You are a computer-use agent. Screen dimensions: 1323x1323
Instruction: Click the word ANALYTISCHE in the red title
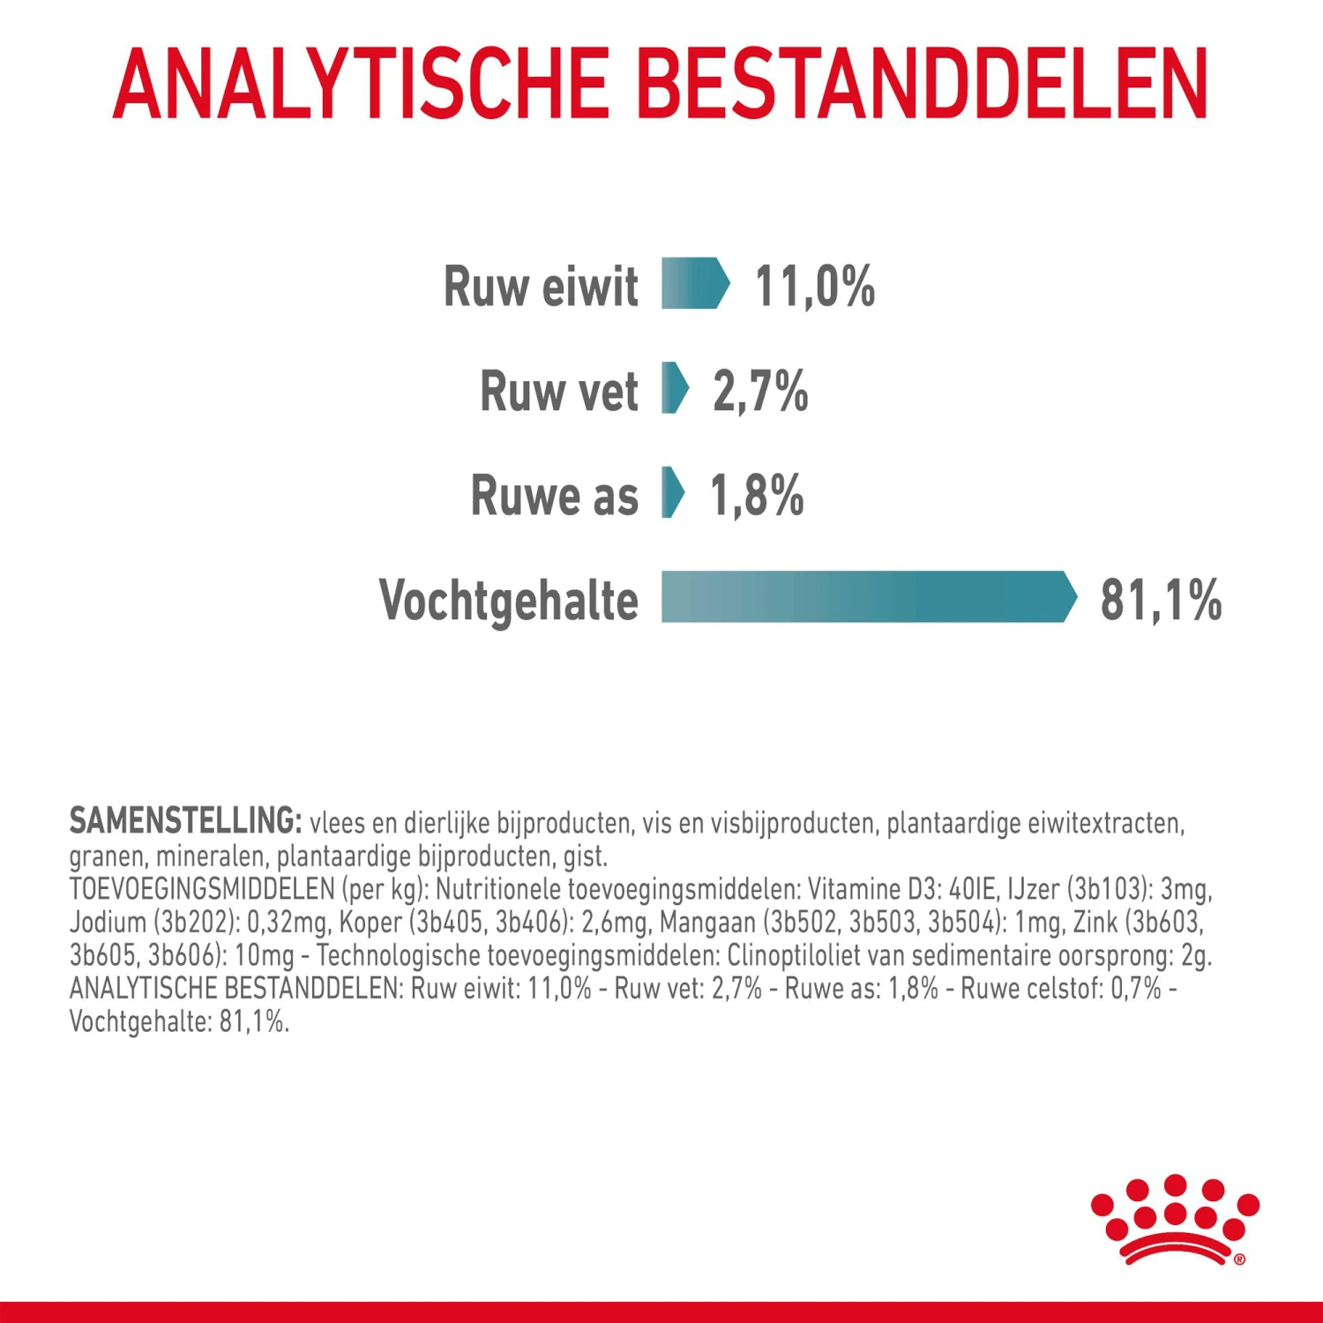tap(361, 84)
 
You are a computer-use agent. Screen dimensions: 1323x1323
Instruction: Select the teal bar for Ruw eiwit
tap(695, 283)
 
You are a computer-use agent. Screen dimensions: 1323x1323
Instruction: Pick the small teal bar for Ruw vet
tap(675, 388)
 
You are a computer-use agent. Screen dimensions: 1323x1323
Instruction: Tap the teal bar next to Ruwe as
tap(672, 492)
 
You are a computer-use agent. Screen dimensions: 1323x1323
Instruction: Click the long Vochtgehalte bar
tap(868, 597)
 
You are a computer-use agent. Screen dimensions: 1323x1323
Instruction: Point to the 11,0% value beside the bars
tap(815, 287)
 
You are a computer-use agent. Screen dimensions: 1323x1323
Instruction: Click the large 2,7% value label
tap(760, 392)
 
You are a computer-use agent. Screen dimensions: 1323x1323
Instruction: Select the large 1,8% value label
tap(757, 496)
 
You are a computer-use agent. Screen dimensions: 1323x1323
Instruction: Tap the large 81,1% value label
tap(1161, 601)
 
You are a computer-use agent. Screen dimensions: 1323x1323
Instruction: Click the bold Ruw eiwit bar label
tap(541, 287)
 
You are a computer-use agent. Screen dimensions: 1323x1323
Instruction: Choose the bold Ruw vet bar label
tap(559, 392)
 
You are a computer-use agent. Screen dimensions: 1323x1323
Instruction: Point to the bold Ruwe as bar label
tap(554, 496)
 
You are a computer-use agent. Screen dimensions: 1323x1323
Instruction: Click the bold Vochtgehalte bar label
tap(509, 601)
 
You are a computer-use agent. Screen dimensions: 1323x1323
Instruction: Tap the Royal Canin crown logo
tap(1175, 1220)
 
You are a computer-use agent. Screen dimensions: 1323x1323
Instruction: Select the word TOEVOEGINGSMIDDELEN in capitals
tap(202, 889)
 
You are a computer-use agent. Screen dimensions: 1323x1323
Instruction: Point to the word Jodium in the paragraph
tap(108, 923)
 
